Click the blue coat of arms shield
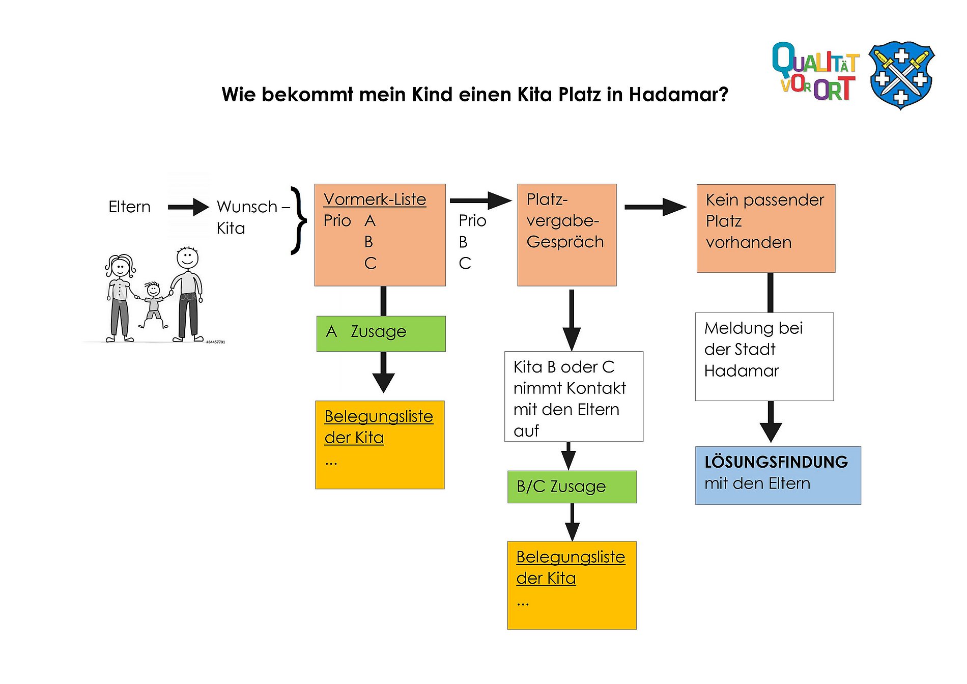pos(901,75)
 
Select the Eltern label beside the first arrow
pos(129,207)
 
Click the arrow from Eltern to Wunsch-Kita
pos(188,207)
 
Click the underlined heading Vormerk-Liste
pos(375,199)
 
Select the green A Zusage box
pos(381,333)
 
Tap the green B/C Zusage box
pos(572,487)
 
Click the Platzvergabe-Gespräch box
pos(566,234)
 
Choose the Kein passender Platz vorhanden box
pos(765,228)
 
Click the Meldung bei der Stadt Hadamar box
pos(764,356)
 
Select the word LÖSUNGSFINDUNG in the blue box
pos(776,462)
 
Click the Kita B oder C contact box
pos(574,396)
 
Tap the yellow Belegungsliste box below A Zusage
pos(380,445)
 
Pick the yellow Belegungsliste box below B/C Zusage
pos(572,585)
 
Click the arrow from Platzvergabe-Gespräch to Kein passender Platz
pos(655,207)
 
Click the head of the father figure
pos(187,258)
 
